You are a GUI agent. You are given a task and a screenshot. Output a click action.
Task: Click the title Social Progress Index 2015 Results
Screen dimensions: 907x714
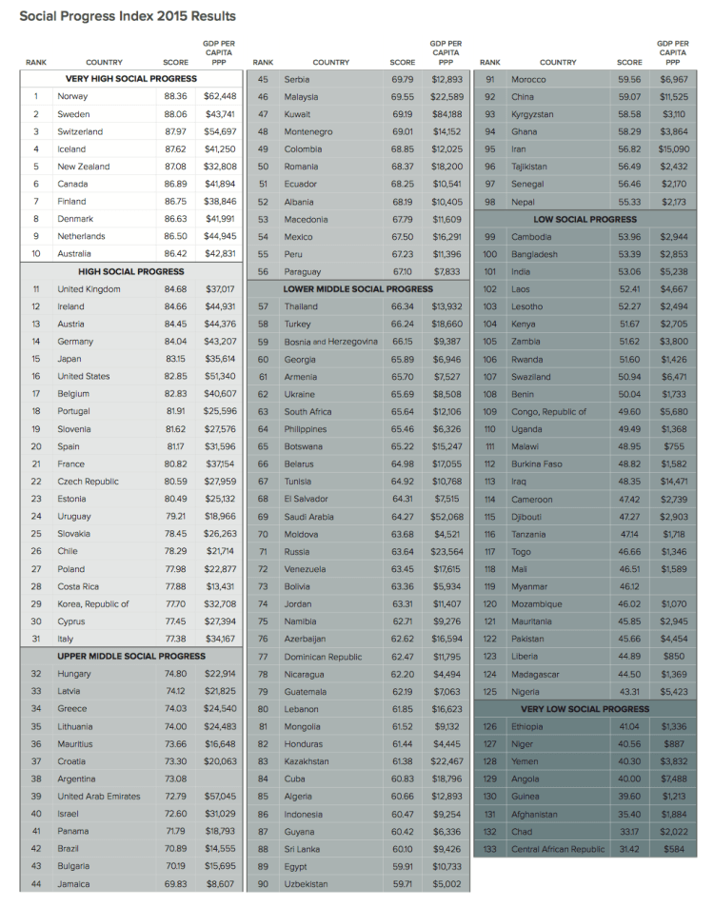tap(128, 16)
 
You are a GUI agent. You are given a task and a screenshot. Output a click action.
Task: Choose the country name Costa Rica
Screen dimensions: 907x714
tap(79, 586)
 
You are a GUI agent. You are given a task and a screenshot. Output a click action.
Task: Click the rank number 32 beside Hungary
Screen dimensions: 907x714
tap(36, 674)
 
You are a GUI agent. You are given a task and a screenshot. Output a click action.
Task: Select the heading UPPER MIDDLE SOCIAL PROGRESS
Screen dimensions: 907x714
tap(131, 656)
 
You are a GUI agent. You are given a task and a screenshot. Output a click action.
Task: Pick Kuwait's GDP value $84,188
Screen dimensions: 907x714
tap(446, 114)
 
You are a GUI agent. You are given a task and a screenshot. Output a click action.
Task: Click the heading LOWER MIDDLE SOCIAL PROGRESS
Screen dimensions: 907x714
tap(358, 288)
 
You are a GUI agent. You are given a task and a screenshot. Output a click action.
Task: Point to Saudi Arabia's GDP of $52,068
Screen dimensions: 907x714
tap(446, 517)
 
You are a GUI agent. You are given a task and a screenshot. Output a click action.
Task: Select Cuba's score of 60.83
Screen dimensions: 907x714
tap(402, 779)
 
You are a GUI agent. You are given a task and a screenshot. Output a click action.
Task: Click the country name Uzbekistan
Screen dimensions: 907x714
tap(307, 884)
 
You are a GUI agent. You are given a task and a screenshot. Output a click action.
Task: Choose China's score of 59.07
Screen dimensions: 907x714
tap(629, 96)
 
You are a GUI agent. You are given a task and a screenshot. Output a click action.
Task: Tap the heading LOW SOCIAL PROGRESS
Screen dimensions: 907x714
tap(585, 219)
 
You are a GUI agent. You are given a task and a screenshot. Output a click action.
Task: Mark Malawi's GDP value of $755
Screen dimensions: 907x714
tap(673, 446)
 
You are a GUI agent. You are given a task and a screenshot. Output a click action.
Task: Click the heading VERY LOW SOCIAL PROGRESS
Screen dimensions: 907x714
tap(585, 709)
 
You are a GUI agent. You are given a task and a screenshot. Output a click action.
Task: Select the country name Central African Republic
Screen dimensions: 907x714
tap(558, 849)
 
